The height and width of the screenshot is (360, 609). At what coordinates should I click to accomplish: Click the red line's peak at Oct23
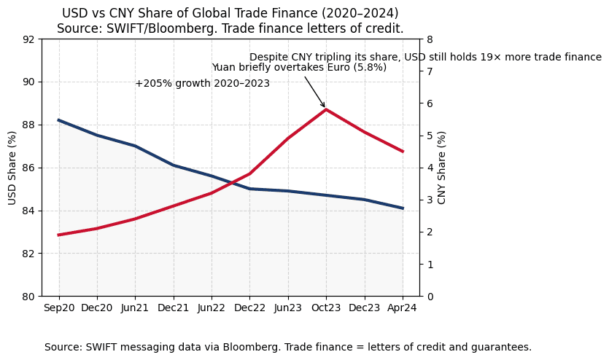pos(326,109)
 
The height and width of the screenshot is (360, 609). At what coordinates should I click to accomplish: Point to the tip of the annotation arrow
pos(325,108)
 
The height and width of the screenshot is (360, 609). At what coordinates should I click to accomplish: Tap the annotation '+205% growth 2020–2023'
pos(202,84)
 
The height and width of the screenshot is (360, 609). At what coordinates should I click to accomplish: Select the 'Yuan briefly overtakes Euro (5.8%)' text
pos(299,68)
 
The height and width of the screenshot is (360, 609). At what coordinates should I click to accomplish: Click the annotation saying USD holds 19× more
pos(425,58)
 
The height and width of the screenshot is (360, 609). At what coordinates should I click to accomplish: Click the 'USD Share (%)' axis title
pos(12,168)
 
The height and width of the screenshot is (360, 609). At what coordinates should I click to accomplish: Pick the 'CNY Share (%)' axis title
pos(442,168)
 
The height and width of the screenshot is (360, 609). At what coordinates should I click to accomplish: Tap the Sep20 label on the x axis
pos(59,308)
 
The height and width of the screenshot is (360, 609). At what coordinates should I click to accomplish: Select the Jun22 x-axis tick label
pos(212,308)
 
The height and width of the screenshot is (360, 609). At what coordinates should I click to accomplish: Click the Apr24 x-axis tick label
pos(403,308)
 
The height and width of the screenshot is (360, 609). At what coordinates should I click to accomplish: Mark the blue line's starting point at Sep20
pos(59,120)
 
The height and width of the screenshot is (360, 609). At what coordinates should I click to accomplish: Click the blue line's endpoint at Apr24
pos(403,208)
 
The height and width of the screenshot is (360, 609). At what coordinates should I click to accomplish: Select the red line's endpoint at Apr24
pos(403,152)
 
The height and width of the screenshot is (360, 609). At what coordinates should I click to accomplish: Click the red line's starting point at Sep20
pos(59,235)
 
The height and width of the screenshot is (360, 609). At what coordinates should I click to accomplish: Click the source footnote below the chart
pos(288,348)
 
